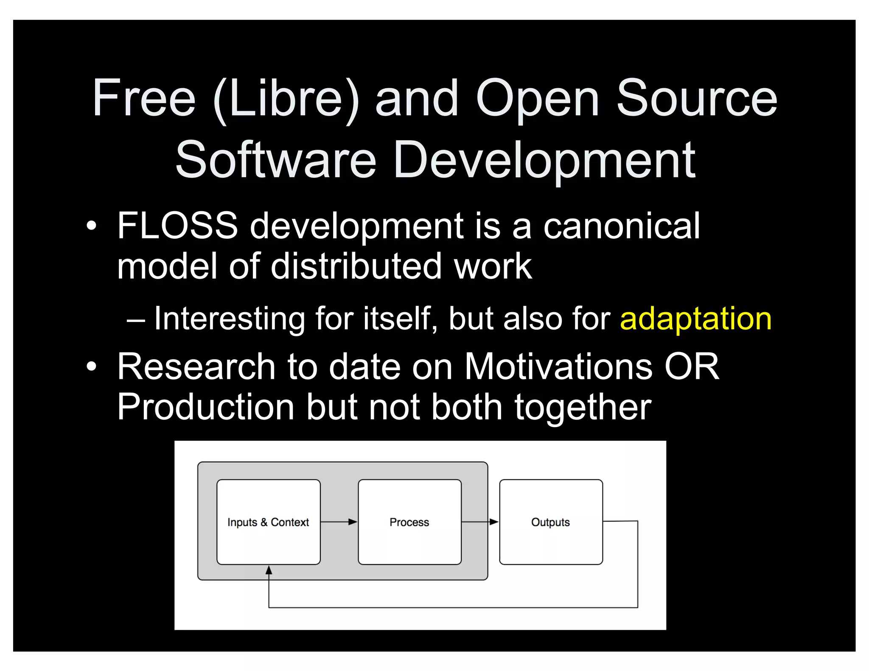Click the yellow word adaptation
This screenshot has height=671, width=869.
pos(695,319)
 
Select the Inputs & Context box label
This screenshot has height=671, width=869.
pos(268,522)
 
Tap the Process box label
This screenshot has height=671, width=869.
pos(409,522)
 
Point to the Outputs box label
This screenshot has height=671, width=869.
pos(550,522)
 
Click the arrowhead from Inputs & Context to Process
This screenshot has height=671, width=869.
pos(353,522)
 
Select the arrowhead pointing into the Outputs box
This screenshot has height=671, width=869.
pos(494,522)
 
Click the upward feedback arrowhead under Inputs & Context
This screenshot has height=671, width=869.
pos(269,570)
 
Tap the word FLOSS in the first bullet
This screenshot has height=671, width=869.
pos(177,226)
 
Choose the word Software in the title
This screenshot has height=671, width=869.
pos(276,160)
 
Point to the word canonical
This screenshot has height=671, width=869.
pos(622,226)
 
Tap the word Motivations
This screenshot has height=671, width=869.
pos(558,366)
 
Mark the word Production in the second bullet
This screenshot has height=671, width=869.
pos(206,407)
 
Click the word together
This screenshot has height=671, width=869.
pos(583,407)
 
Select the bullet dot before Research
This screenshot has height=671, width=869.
pos(91,366)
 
